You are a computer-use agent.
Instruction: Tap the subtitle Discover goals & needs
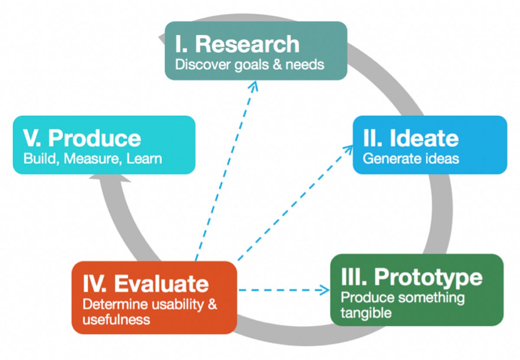click(250, 65)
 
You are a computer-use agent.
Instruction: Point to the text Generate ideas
click(410, 158)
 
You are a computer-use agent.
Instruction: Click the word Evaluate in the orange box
click(161, 284)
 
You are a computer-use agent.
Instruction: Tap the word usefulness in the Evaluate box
click(116, 320)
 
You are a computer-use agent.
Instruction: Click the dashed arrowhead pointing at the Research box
click(253, 85)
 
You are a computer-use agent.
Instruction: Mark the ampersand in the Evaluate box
click(212, 304)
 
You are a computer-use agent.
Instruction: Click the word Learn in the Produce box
click(144, 158)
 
